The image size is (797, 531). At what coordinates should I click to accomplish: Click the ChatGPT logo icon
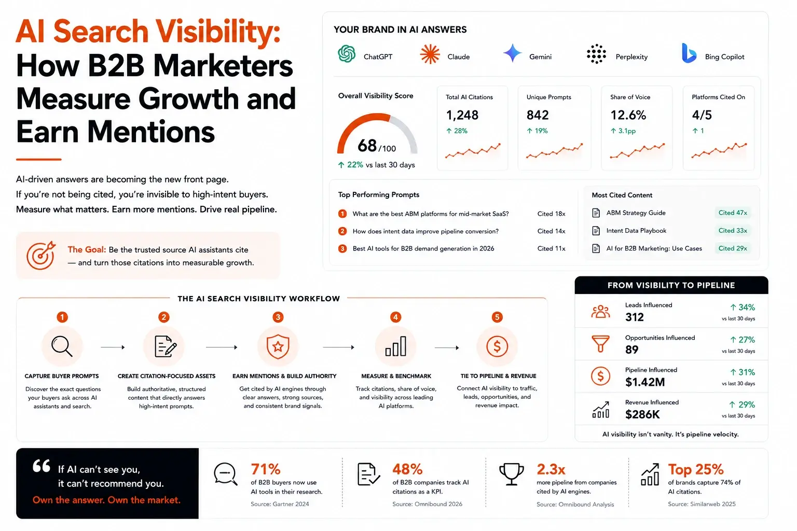347,54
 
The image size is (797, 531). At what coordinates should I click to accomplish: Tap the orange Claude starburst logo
430,54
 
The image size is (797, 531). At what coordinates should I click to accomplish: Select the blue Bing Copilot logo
689,53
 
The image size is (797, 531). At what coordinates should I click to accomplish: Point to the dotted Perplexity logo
596,54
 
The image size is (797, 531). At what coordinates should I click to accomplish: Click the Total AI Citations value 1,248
462,115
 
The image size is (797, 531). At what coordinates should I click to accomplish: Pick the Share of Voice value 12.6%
628,115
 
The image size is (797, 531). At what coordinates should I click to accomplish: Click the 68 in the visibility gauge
367,146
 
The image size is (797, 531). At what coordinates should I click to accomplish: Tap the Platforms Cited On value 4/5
702,115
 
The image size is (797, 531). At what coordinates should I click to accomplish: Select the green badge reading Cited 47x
733,213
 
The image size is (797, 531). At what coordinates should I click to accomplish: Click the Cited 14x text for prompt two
551,231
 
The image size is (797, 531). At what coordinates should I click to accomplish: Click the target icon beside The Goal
41,255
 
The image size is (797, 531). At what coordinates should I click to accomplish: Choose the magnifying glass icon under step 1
62,346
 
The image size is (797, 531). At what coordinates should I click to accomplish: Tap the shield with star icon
278,346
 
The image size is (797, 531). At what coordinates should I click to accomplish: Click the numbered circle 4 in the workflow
395,317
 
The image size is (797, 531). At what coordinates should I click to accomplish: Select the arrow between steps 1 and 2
113,347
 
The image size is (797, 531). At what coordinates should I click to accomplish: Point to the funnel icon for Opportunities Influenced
600,344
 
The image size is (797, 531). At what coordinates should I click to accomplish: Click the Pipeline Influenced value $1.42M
645,382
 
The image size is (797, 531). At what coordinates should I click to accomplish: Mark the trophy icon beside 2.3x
511,474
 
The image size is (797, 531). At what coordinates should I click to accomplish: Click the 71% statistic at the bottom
266,469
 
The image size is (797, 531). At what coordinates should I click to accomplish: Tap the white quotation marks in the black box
42,466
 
